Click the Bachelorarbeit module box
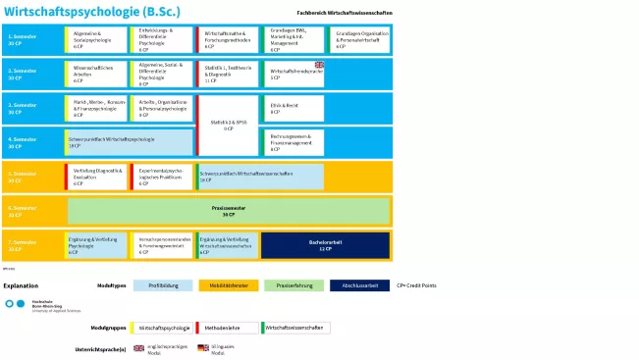click(x=325, y=245)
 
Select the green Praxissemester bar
click(x=228, y=211)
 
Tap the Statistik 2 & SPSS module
click(x=228, y=126)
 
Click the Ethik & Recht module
click(x=293, y=109)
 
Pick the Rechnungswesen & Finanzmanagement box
click(x=293, y=142)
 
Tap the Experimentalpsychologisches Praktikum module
click(x=162, y=177)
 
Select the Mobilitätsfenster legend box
click(x=228, y=285)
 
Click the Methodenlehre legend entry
click(x=227, y=328)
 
